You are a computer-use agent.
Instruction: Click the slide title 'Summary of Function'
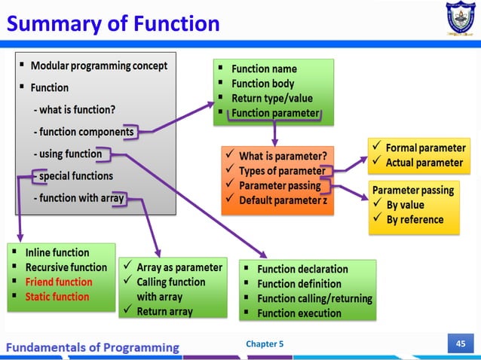tap(113, 24)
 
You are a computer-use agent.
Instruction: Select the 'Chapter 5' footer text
tap(265, 345)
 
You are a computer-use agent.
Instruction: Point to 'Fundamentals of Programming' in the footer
tap(93, 347)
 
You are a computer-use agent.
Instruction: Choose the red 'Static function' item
tap(57, 296)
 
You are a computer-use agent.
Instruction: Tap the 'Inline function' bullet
tap(57, 253)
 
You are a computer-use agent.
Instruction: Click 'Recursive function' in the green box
tap(66, 267)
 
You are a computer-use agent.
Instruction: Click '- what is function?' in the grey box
tap(74, 110)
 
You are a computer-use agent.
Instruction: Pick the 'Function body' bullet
tap(262, 84)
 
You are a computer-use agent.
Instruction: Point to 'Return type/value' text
tap(271, 99)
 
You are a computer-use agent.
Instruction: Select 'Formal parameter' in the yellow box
tap(425, 148)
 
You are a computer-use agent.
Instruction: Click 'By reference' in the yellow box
tap(415, 219)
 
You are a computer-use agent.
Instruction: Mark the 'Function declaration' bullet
tap(302, 269)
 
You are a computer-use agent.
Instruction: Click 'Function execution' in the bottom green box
tap(299, 313)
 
